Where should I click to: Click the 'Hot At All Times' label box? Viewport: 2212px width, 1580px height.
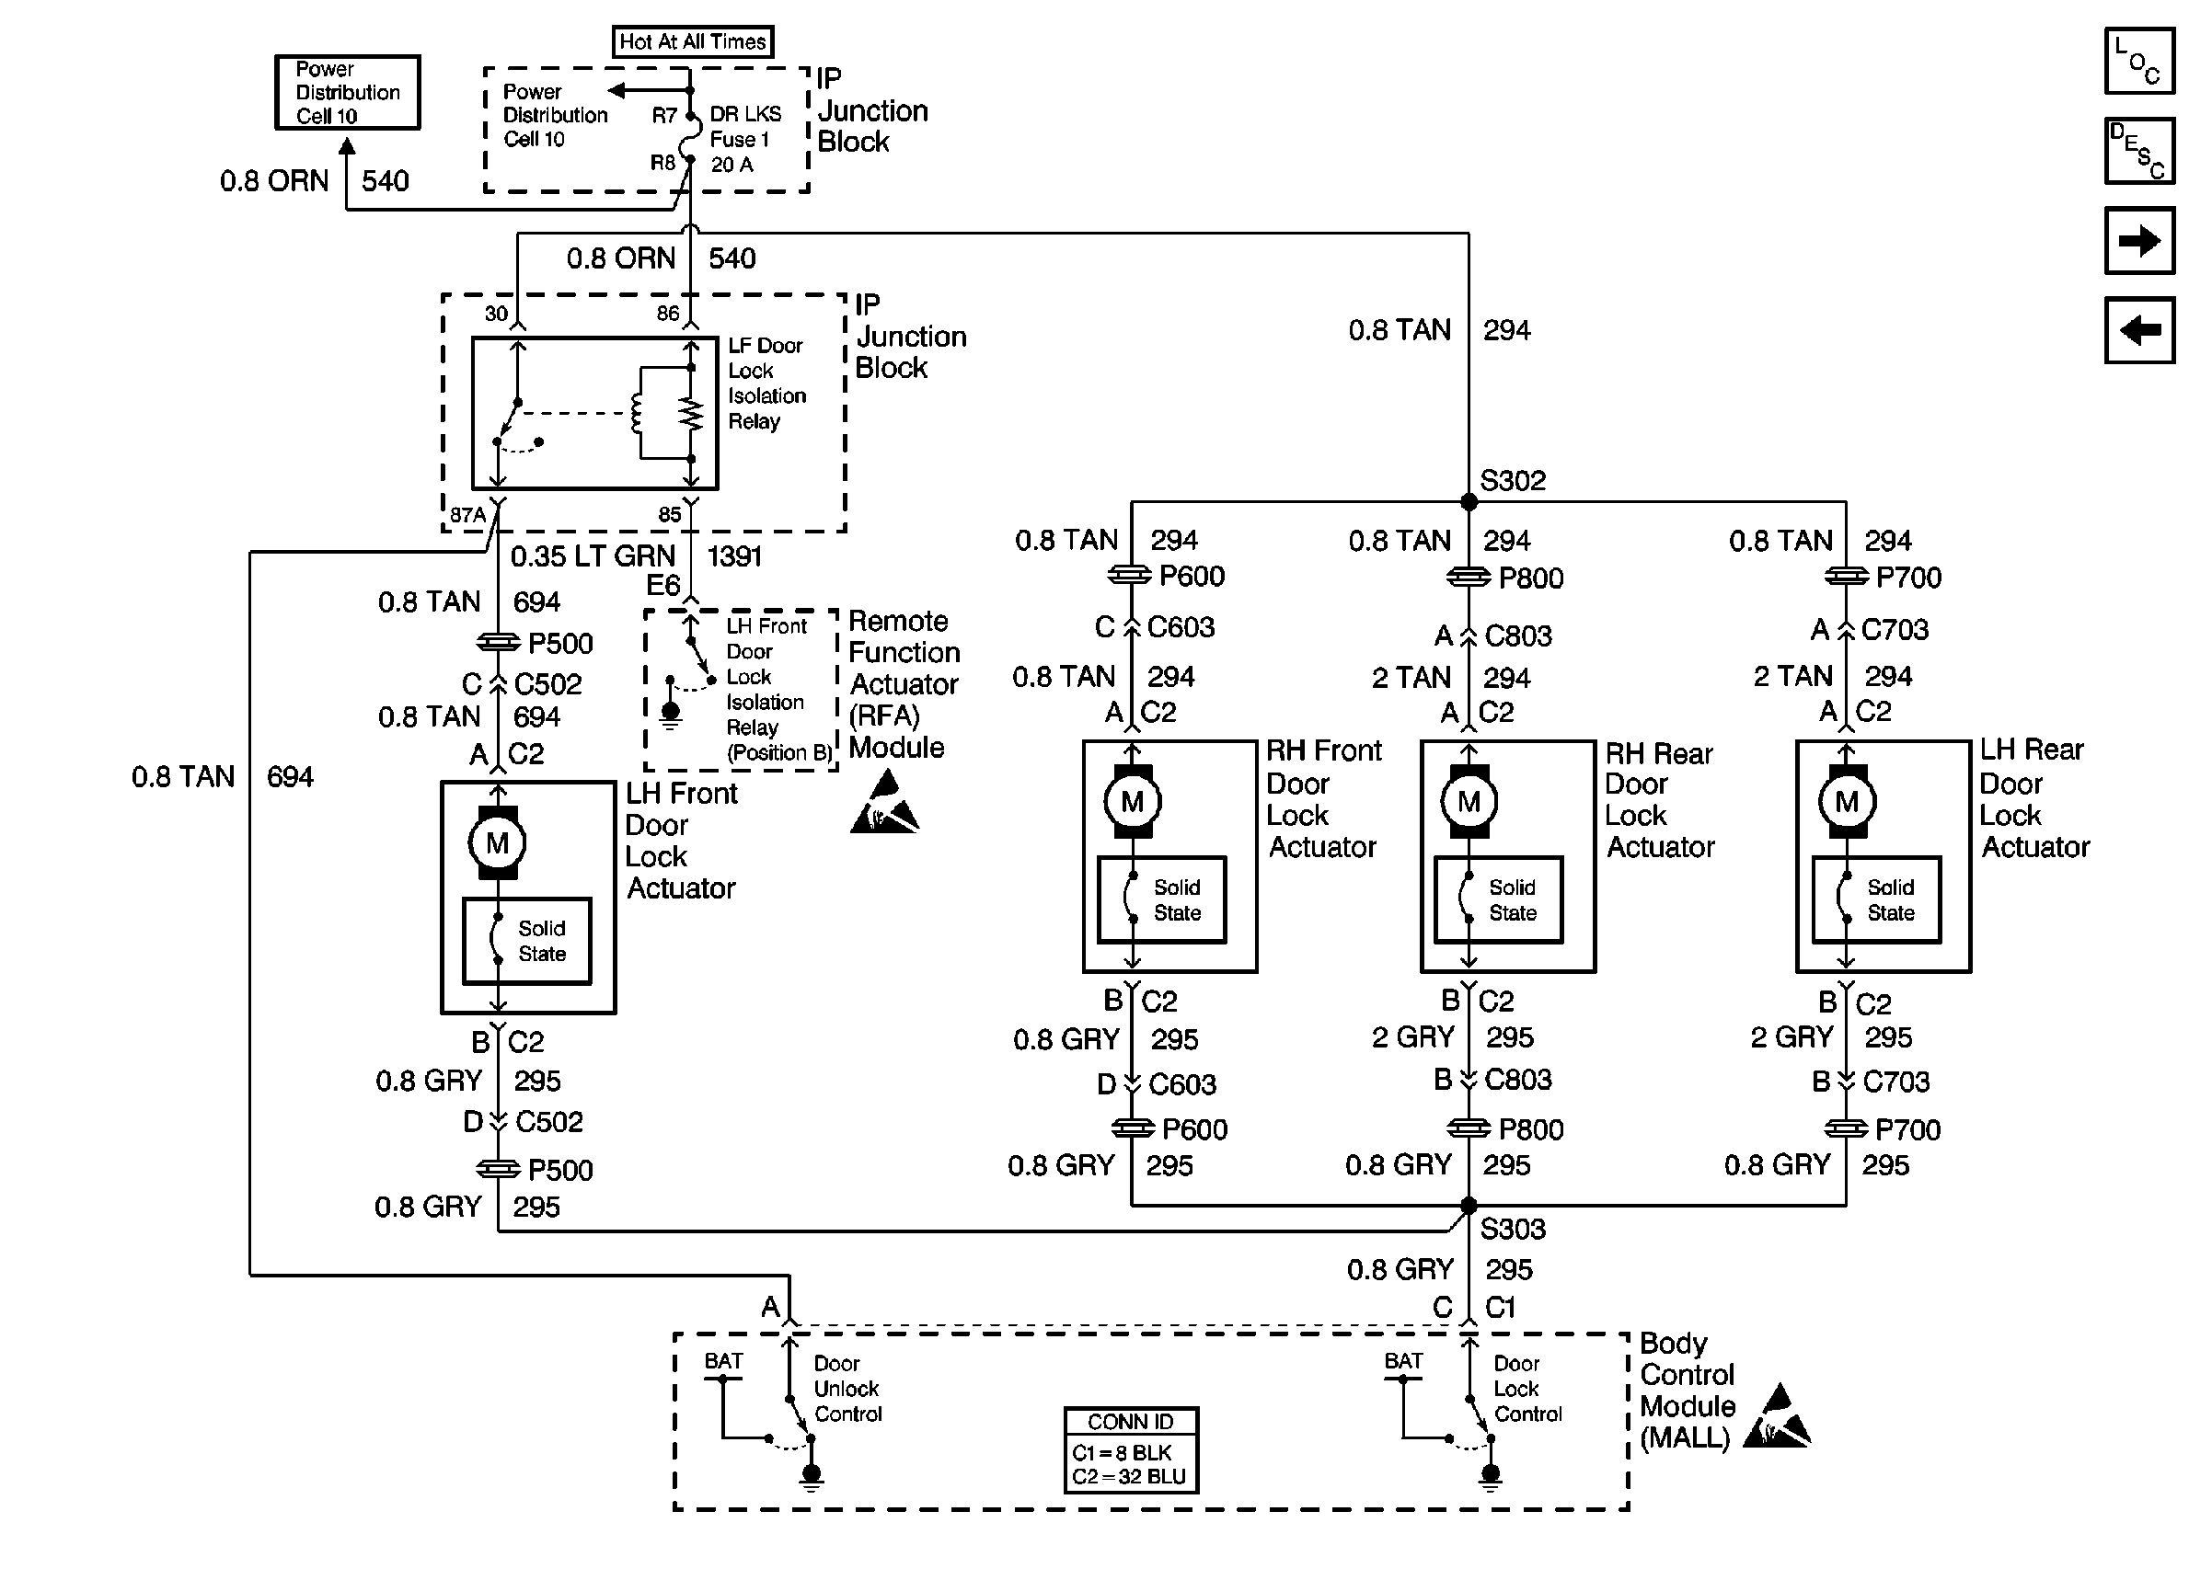click(x=693, y=41)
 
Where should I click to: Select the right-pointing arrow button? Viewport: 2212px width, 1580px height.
click(x=2139, y=240)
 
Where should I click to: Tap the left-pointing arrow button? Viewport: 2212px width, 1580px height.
click(x=2139, y=330)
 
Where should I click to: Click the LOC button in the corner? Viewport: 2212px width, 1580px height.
click(x=2139, y=61)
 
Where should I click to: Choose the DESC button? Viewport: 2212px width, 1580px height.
click(x=2139, y=151)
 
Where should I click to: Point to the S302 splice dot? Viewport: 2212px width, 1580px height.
click(x=1469, y=502)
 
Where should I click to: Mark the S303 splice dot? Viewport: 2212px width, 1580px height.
click(x=1469, y=1207)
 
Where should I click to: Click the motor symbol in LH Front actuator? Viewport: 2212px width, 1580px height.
click(x=497, y=842)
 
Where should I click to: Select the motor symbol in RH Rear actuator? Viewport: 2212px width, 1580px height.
click(x=1469, y=802)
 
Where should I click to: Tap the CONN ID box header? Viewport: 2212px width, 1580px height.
click(x=1131, y=1422)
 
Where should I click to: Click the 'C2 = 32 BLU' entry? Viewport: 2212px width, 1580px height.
click(x=1129, y=1477)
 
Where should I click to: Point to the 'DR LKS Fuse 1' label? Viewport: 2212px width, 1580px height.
click(x=745, y=127)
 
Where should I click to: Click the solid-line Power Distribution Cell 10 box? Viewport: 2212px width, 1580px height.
click(x=348, y=92)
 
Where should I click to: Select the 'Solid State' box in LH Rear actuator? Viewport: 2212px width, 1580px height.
click(x=1876, y=900)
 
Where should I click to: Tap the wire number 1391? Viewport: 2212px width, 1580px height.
click(x=733, y=556)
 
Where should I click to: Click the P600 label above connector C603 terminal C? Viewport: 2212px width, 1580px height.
click(x=1192, y=576)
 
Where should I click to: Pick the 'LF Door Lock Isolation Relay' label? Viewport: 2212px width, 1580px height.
click(x=766, y=384)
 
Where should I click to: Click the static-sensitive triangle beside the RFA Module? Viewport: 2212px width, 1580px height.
click(x=884, y=803)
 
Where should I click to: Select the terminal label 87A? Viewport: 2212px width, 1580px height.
click(x=467, y=515)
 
